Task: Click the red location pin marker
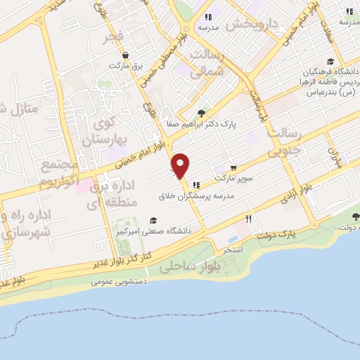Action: click(181, 165)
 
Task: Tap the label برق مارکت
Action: click(125, 65)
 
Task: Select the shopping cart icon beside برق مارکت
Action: click(125, 55)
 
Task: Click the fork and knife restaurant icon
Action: click(248, 219)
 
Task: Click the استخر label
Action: click(232, 250)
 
